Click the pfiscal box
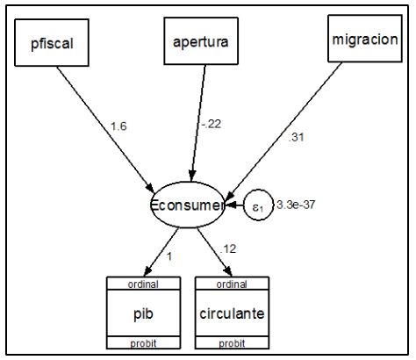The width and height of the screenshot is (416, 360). coord(52,43)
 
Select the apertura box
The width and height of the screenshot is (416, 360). coord(201,41)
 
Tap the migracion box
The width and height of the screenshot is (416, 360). coord(365,39)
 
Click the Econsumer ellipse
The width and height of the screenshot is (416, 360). coord(187,205)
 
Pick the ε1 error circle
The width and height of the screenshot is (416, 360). coord(258,205)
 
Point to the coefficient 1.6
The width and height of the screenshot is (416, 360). coord(118,126)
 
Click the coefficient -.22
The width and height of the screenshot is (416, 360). coord(212,124)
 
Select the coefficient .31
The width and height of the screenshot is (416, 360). coord(296,137)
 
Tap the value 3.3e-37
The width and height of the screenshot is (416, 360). coord(296,205)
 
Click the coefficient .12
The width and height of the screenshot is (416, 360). coord(228,249)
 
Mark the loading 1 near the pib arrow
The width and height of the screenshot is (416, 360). coord(169,256)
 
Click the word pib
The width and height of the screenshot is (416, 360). coord(143,313)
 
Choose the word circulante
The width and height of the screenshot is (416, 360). coord(232,313)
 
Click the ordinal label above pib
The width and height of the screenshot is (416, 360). coord(143,284)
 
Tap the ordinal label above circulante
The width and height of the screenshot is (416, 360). coord(232,284)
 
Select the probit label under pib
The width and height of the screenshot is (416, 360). coord(143,343)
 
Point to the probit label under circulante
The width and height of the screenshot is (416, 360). coord(232,343)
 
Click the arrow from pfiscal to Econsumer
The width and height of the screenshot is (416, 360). coord(105,130)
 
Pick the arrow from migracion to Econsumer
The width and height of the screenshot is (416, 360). coord(284,131)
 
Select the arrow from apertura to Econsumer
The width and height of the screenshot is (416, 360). coord(198,123)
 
